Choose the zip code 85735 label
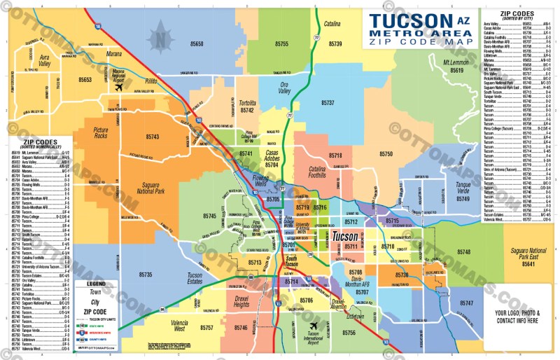tap(145, 275)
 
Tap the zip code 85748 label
tap(464, 251)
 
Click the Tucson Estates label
tap(195, 279)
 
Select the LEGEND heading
tap(96, 284)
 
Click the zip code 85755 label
tap(281, 44)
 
